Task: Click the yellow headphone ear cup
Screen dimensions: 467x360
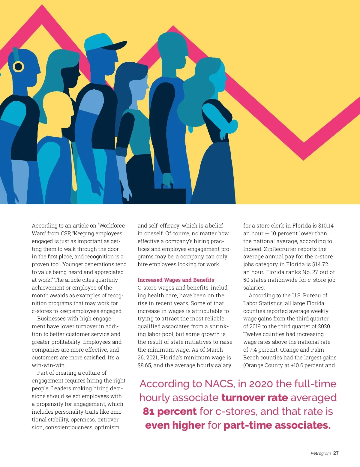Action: tap(18, 67)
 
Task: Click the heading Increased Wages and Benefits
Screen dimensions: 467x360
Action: tap(176, 280)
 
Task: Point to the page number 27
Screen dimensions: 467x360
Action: tap(336, 453)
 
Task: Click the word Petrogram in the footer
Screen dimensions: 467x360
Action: tap(320, 454)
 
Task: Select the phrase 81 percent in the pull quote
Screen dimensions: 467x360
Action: tap(170, 412)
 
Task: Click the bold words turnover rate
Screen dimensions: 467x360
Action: tap(254, 398)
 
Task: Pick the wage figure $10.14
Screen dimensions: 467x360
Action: tap(326, 226)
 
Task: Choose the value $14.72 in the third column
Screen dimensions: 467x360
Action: tap(320, 264)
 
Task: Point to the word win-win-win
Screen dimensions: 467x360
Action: tap(49, 365)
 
